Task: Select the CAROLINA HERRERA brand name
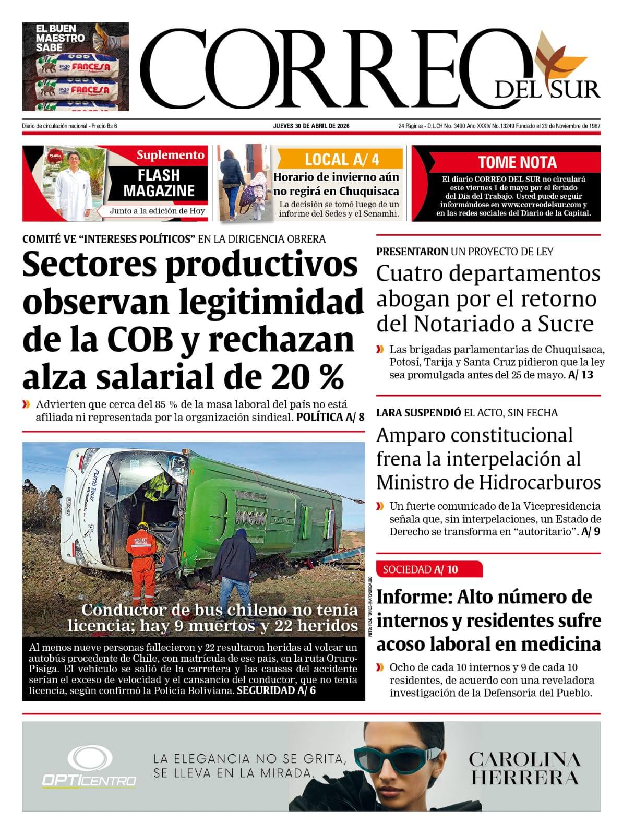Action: pos(524,768)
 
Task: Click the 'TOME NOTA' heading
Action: pos(517,162)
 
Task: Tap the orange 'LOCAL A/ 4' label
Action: pos(340,159)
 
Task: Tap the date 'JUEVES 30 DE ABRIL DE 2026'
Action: pos(311,126)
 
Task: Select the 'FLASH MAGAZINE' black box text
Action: pos(159,183)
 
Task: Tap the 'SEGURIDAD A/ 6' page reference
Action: pos(276,690)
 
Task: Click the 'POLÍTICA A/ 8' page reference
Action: pos(330,417)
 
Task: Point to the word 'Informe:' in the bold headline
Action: pos(414,597)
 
